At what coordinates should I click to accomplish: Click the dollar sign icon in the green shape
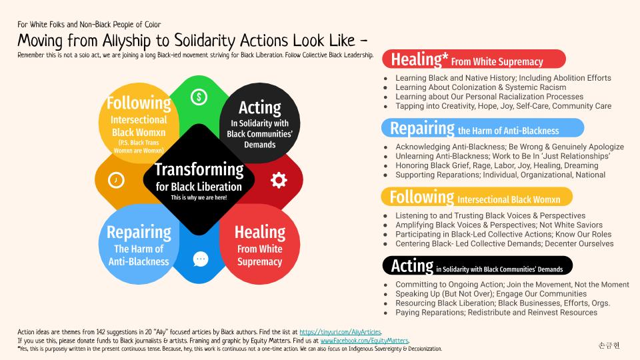[198, 97]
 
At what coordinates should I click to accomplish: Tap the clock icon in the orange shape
[116, 180]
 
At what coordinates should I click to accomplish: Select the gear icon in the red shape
[279, 179]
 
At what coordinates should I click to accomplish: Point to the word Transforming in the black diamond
[199, 169]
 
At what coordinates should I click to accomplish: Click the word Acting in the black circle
[259, 107]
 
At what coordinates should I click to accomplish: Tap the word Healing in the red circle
[259, 232]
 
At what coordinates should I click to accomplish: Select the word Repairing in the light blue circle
[139, 232]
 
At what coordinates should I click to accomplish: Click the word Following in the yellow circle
[139, 103]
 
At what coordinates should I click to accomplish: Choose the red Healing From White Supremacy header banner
[473, 59]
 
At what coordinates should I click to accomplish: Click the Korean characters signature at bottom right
[609, 345]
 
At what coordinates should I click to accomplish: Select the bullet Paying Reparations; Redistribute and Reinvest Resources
[496, 313]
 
